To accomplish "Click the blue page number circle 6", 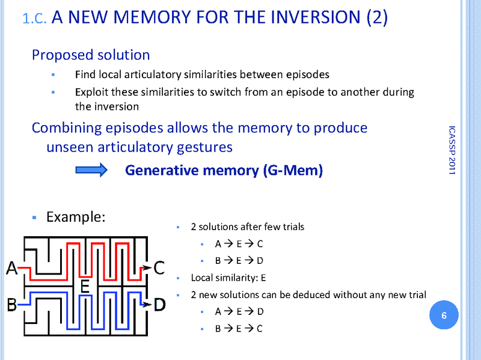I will click(x=444, y=316).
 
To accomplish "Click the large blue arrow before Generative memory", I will click(x=91, y=171).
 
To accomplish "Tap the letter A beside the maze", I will click(x=11, y=267).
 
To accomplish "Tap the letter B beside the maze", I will click(x=11, y=305).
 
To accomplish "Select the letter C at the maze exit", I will click(x=159, y=267).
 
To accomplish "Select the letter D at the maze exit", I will click(x=159, y=305).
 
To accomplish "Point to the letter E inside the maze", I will click(x=85, y=287).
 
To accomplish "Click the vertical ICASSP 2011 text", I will click(x=452, y=150).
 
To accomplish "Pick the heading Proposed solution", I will click(x=91, y=55).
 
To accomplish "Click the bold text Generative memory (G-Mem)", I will click(x=224, y=171).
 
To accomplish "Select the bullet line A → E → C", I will click(x=239, y=244).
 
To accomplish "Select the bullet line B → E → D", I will click(x=239, y=261).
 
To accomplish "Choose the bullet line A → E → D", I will click(x=239, y=311).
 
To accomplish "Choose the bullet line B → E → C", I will click(x=239, y=328).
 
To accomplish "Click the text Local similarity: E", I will click(x=228, y=278).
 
